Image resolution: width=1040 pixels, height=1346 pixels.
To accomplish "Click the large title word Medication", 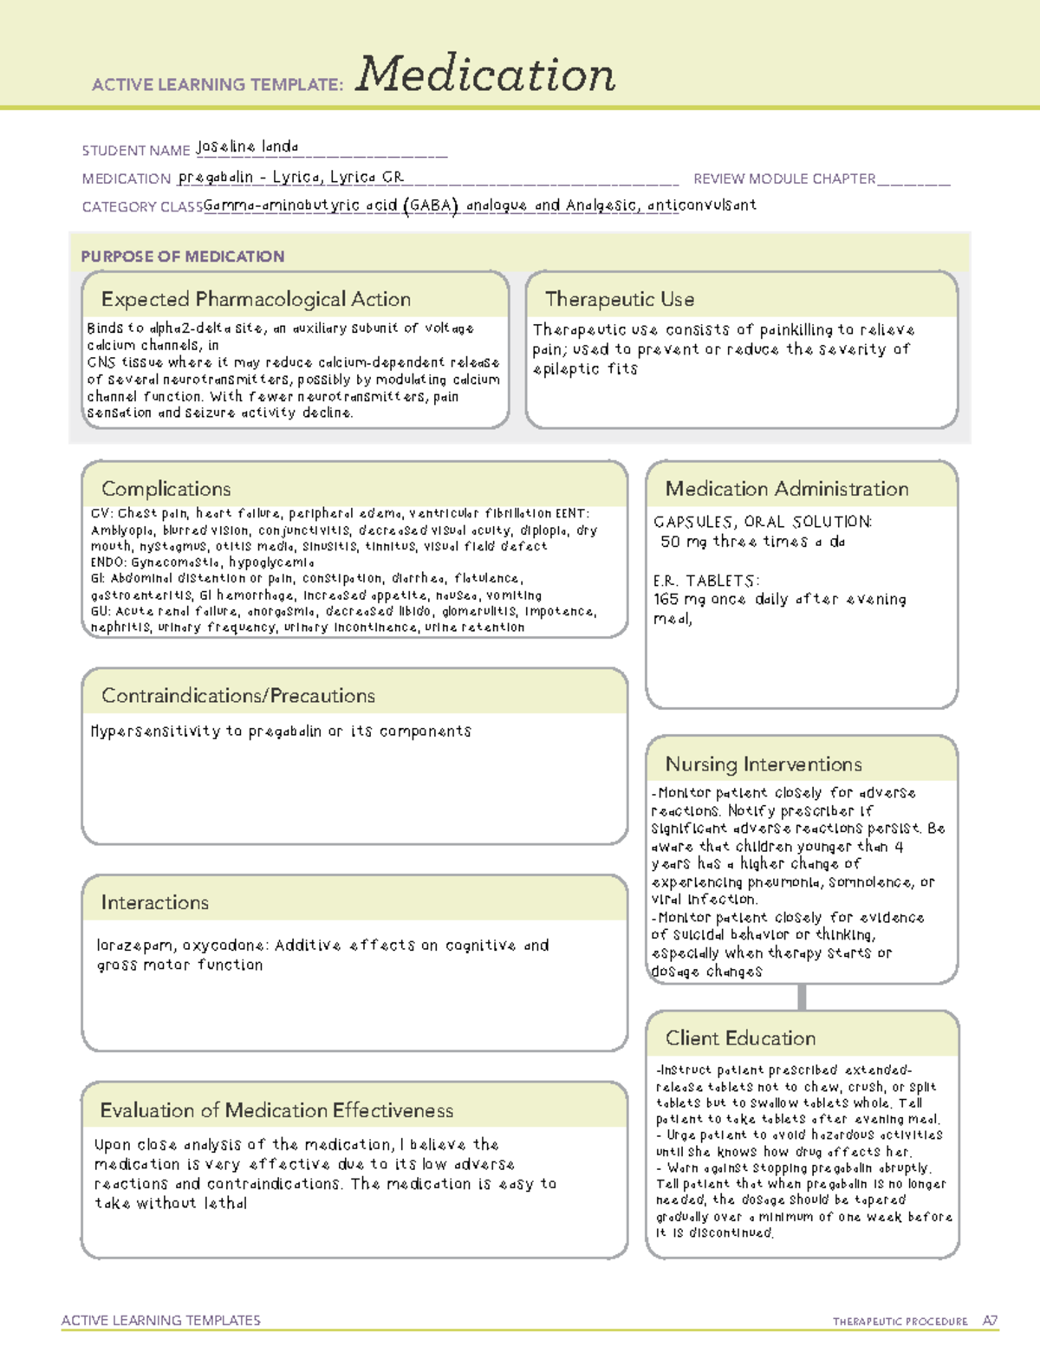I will (x=485, y=75).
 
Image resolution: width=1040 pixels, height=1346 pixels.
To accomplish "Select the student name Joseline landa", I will (x=247, y=146).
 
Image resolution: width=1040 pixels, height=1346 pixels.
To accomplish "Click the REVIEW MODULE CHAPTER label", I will (x=784, y=179).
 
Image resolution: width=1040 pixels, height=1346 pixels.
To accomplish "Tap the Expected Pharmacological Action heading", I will (x=256, y=299).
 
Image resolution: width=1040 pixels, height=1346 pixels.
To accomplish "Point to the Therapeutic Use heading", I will (x=619, y=299).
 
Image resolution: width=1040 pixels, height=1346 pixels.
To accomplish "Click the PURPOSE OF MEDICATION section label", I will (x=182, y=257).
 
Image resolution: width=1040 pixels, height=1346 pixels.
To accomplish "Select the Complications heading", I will (x=166, y=489).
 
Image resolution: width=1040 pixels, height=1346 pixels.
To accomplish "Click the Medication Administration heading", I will (x=786, y=489).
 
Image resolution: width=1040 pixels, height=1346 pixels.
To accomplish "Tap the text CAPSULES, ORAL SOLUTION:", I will (x=762, y=522).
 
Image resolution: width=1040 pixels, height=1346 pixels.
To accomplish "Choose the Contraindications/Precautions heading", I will (x=237, y=696).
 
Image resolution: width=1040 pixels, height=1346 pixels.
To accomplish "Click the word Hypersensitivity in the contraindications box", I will (x=155, y=732).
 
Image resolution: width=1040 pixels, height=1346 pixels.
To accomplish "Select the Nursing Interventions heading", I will (x=763, y=764).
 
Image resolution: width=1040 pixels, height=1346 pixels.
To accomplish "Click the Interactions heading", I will (x=154, y=903).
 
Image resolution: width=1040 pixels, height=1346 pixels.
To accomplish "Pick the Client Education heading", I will (x=740, y=1038).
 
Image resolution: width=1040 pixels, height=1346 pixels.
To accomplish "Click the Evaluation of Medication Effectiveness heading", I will (x=276, y=1110).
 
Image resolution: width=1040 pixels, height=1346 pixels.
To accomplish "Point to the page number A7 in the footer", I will (x=990, y=1321).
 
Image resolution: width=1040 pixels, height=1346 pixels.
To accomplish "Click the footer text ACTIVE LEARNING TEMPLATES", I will (x=160, y=1320).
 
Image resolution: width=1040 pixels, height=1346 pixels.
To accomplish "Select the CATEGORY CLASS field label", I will (x=142, y=207).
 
